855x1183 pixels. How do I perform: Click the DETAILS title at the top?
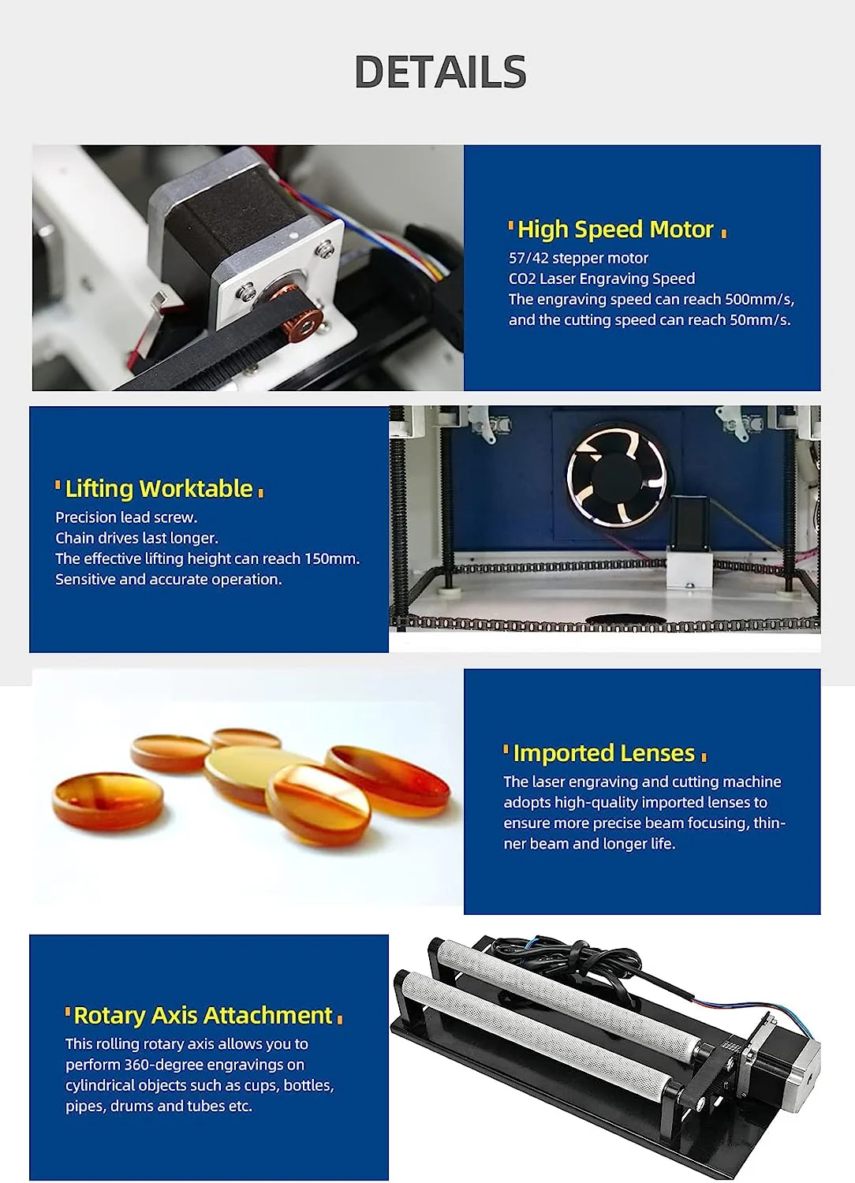[440, 72]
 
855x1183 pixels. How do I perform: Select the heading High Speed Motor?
[615, 230]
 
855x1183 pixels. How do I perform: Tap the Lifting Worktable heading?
[159, 489]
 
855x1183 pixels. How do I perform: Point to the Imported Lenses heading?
[603, 753]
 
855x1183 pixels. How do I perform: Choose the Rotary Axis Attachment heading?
[203, 1015]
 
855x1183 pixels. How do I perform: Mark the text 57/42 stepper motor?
[578, 258]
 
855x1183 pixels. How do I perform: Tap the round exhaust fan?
[616, 476]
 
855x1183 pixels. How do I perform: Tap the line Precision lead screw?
[126, 517]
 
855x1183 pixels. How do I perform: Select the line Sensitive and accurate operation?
[168, 579]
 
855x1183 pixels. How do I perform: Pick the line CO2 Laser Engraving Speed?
[601, 278]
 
